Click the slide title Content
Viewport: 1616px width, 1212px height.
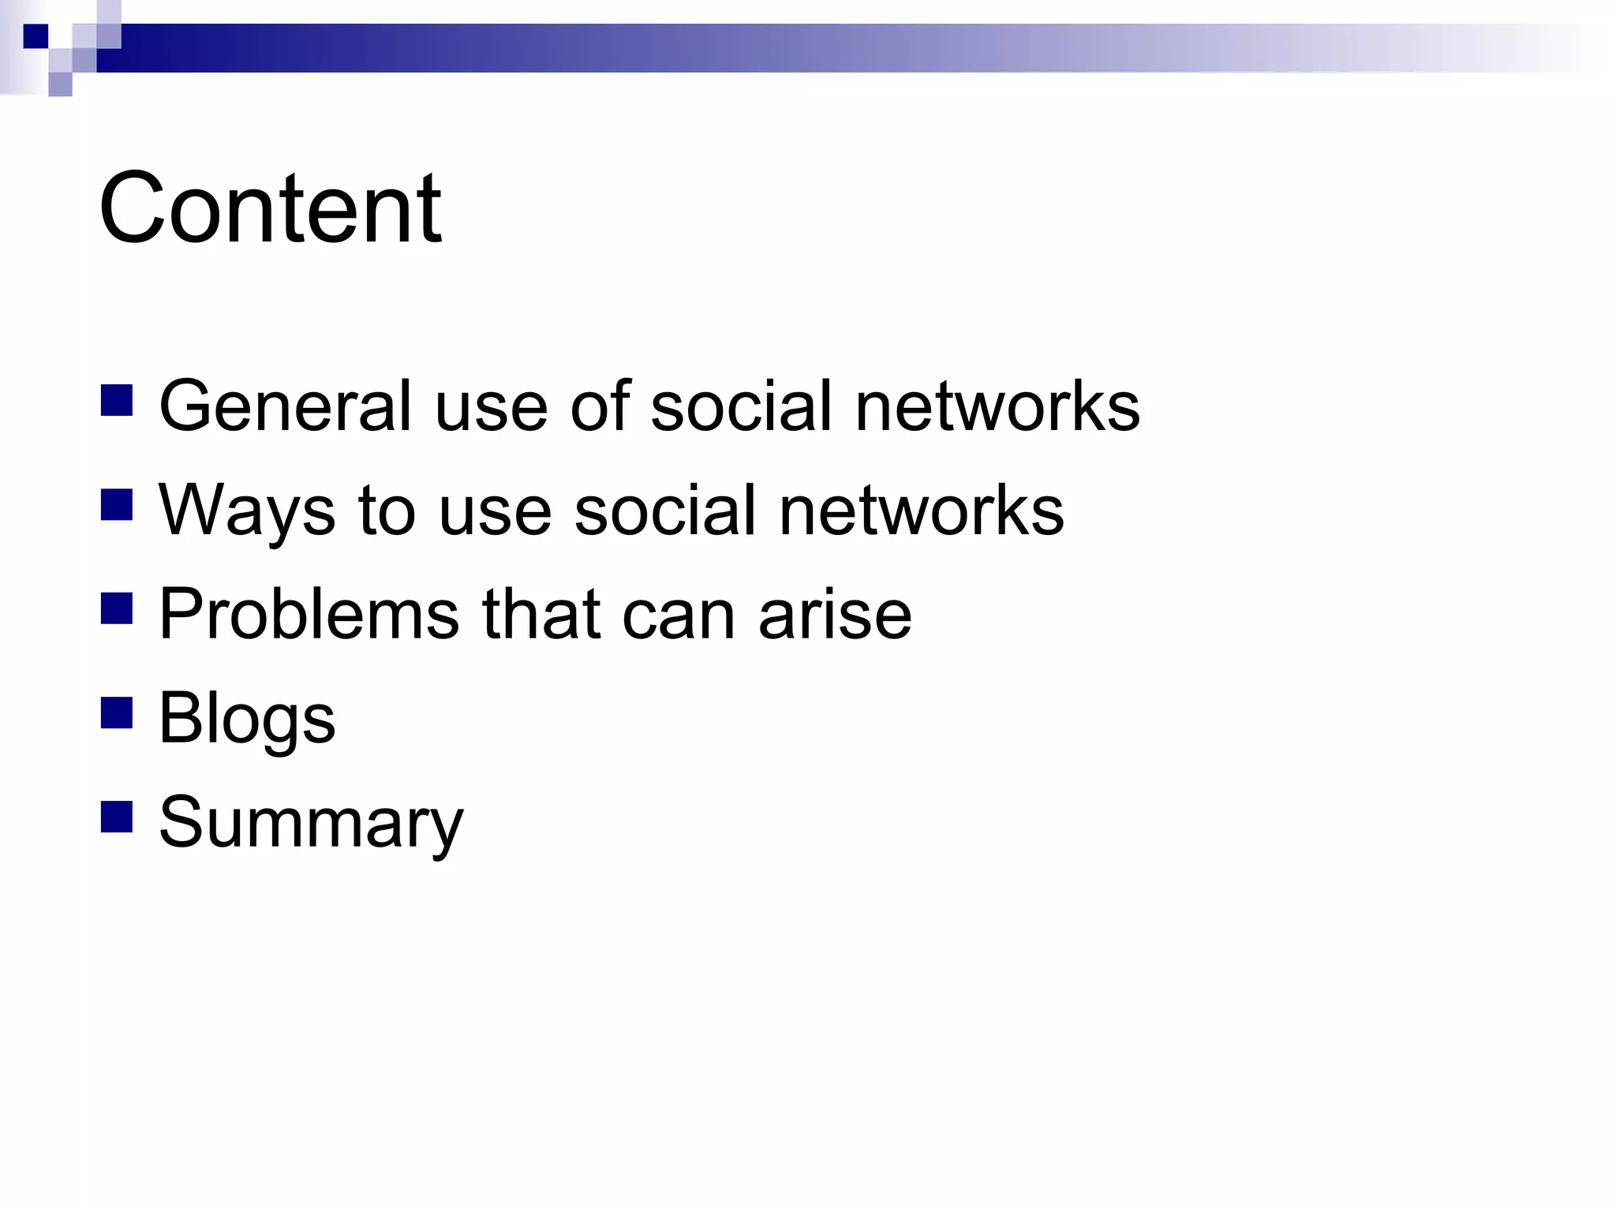pyautogui.click(x=270, y=209)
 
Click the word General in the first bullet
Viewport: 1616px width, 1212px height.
pyautogui.click(x=285, y=406)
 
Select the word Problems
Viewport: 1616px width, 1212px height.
pyautogui.click(x=309, y=615)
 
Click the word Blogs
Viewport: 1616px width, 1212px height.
pyautogui.click(x=247, y=719)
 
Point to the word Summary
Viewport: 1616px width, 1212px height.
pyautogui.click(x=311, y=823)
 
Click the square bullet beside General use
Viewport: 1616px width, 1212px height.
pyautogui.click(x=117, y=400)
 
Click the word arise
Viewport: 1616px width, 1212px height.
pyautogui.click(x=835, y=615)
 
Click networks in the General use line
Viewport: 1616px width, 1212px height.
pyautogui.click(x=997, y=406)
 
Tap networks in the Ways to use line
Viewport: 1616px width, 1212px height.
pyautogui.click(x=922, y=511)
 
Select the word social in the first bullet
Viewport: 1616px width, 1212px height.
pyautogui.click(x=741, y=406)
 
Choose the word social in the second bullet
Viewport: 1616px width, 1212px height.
pyautogui.click(x=665, y=511)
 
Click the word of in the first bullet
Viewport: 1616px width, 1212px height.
pyautogui.click(x=599, y=406)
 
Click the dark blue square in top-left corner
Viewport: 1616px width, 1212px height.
pyautogui.click(x=36, y=36)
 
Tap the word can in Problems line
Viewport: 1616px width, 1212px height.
pyautogui.click(x=678, y=615)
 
